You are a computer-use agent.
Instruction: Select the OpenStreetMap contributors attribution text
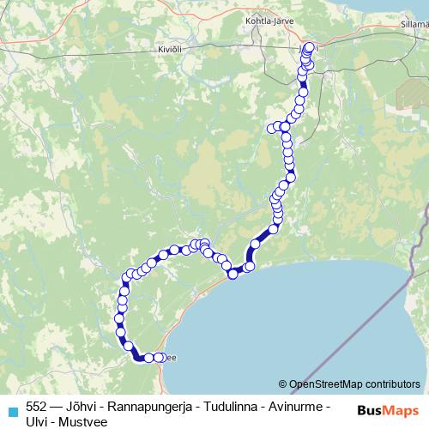354,384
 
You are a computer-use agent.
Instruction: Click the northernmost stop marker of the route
310,47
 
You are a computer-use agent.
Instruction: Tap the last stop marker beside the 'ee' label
160,357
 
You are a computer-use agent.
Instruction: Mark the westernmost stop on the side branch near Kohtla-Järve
272,129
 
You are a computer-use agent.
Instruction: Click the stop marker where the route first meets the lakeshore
232,274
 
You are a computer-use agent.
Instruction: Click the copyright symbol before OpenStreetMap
283,384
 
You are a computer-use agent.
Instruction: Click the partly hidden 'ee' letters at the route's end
170,358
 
